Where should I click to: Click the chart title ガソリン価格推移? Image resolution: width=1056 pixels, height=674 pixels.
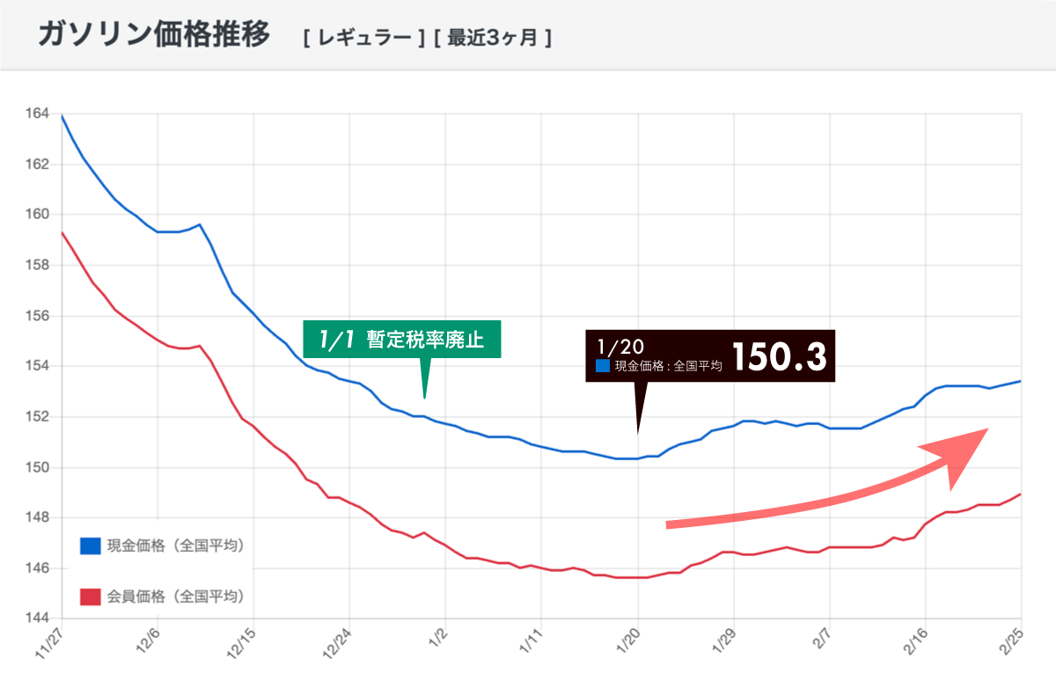(154, 35)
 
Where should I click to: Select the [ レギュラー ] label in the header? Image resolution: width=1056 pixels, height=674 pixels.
(363, 39)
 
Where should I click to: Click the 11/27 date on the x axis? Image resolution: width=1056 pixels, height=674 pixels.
(50, 643)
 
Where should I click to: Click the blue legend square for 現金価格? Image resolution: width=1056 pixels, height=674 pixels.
(91, 546)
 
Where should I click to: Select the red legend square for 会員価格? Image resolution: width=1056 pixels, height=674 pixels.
(91, 597)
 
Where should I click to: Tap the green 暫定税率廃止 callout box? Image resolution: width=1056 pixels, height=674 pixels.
(402, 340)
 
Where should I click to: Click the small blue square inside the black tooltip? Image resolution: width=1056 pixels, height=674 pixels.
(603, 366)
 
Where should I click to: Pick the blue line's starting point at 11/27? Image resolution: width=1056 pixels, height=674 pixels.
(62, 115)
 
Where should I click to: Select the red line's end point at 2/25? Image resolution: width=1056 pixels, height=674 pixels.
(1021, 494)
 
